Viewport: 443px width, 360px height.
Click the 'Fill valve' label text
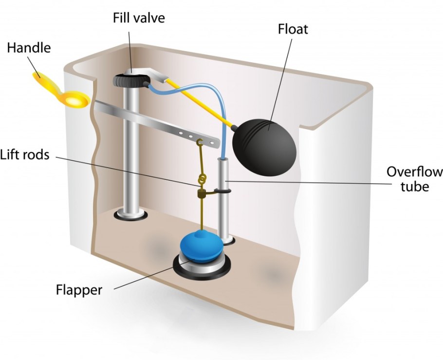139,19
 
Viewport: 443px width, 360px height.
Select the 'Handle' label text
29,48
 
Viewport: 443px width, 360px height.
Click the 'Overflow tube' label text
414,179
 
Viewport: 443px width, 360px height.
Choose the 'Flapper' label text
79,290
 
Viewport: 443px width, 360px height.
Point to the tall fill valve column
129,151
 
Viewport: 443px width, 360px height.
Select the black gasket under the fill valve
130,215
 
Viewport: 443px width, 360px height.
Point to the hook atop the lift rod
200,143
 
